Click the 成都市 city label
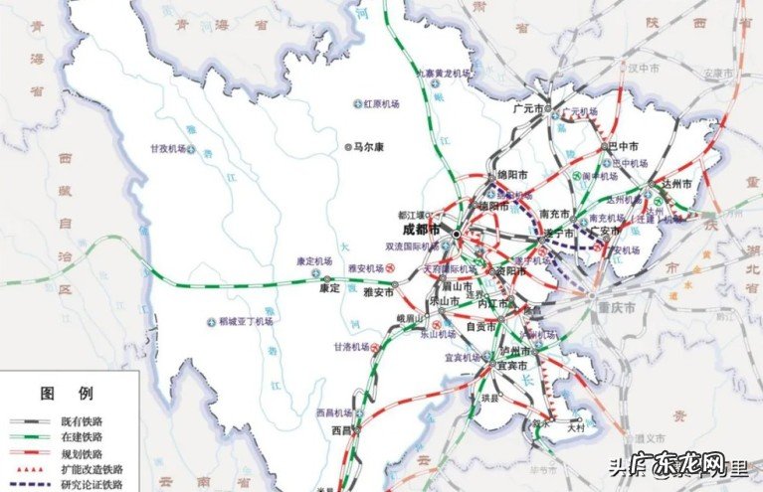click(423, 231)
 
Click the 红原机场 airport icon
click(357, 104)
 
